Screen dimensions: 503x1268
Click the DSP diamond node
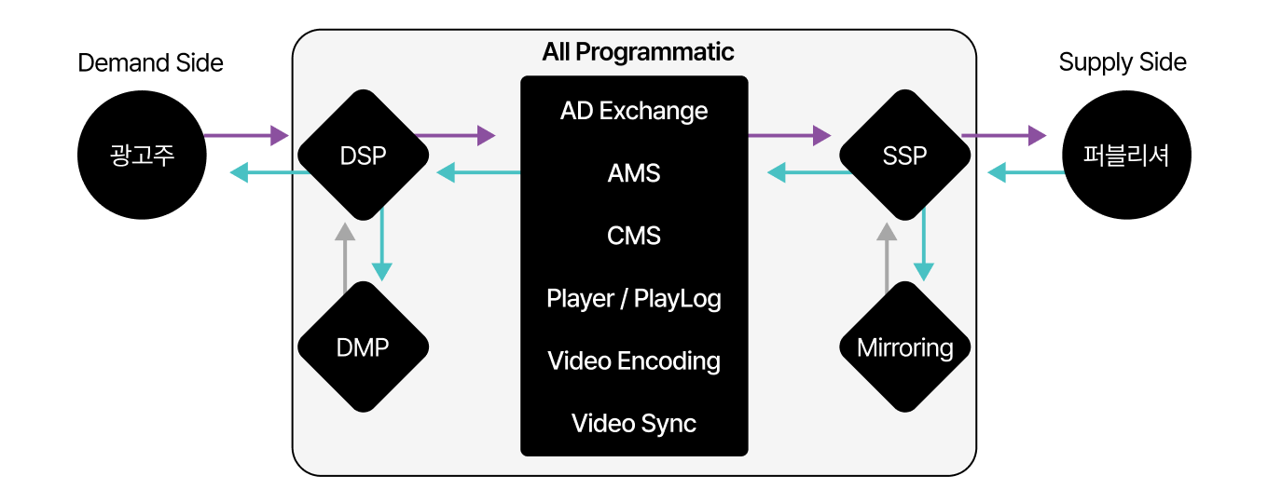[363, 156]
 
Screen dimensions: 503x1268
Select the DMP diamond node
[363, 347]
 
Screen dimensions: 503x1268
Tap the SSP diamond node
[904, 156]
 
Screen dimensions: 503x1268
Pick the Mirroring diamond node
[904, 347]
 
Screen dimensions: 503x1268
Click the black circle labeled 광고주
[143, 156]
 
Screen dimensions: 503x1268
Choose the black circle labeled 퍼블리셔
[1127, 156]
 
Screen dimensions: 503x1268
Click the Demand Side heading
[150, 63]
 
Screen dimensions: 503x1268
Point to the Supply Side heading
[1123, 63]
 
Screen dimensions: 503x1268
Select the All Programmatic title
[638, 52]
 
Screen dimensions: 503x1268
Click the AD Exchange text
[634, 111]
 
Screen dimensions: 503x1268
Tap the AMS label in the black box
[634, 173]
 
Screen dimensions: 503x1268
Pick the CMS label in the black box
[634, 236]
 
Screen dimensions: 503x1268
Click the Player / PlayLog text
[634, 299]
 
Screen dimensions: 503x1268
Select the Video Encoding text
[634, 361]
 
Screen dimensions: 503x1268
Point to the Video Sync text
[634, 424]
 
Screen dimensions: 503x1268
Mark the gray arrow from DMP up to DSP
[345, 256]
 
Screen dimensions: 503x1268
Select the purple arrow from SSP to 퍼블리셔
[1003, 136]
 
